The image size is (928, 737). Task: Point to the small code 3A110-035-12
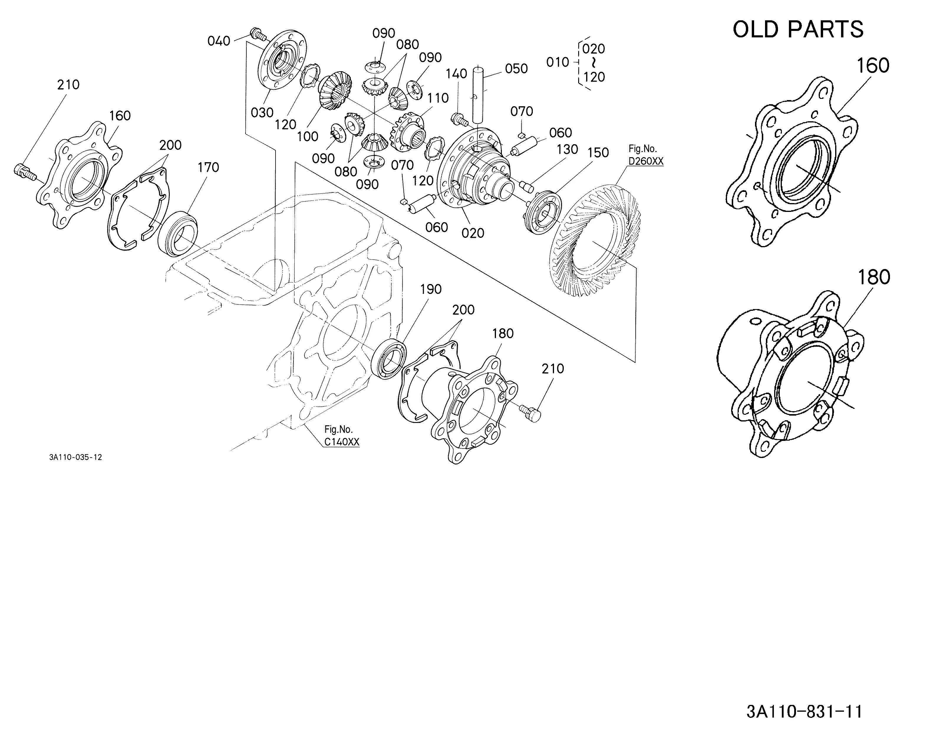point(75,457)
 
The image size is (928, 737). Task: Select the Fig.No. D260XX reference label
point(646,155)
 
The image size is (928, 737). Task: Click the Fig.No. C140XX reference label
point(342,436)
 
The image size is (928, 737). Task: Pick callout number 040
point(219,41)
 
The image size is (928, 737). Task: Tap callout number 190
point(431,289)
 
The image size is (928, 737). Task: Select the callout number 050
point(516,69)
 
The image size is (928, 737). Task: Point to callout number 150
point(598,153)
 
